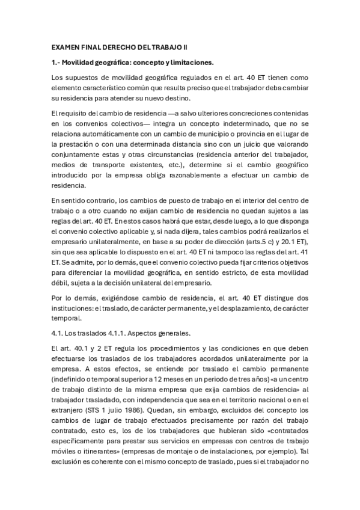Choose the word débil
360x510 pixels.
click(x=60, y=281)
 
